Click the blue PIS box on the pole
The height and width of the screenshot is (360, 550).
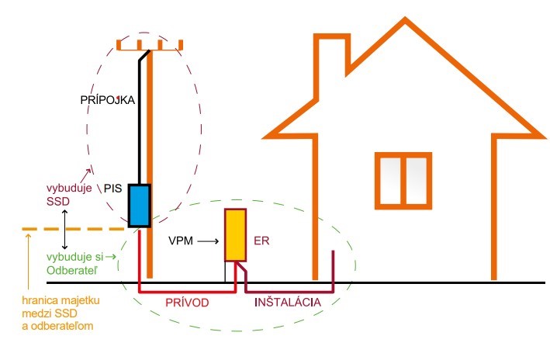(139, 205)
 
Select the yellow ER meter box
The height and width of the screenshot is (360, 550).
(236, 235)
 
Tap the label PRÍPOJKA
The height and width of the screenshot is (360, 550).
(109, 101)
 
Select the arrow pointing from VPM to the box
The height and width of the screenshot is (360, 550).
(208, 242)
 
